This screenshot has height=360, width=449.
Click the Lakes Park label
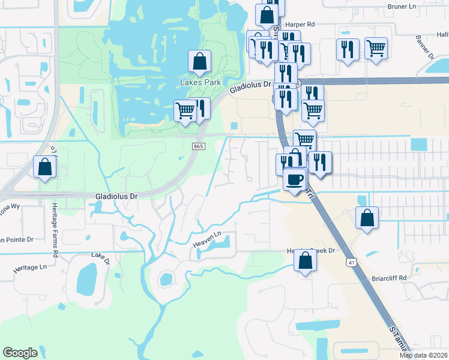point(200,82)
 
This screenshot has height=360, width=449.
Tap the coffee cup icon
point(294,180)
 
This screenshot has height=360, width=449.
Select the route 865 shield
point(198,146)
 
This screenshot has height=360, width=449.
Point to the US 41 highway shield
point(351,262)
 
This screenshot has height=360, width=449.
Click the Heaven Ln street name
point(206,240)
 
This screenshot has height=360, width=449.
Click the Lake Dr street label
point(101,258)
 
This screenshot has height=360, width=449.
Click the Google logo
point(20,353)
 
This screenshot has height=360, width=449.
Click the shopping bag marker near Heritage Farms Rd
point(45,167)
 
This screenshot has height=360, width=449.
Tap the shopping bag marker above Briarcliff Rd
point(367,218)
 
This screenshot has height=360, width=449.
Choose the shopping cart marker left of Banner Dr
point(376,48)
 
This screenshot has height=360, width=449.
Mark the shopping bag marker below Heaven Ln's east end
point(305,261)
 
